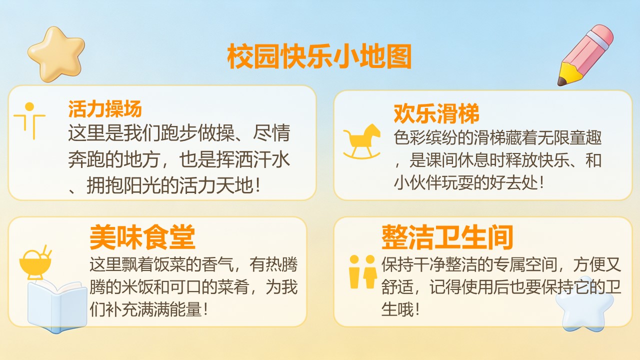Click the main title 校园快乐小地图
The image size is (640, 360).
tap(319, 56)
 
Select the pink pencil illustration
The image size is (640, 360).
tap(585, 55)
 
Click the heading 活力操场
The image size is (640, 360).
tap(105, 109)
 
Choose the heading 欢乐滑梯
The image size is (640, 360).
tap(436, 113)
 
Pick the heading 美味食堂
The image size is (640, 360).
tap(142, 237)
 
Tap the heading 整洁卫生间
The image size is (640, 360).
tap(447, 237)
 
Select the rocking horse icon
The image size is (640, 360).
tap(362, 141)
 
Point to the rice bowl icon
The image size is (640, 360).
tap(35, 262)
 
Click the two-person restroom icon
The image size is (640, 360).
tap(362, 271)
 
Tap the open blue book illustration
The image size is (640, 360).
tap(57, 305)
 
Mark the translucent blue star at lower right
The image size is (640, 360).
tap(584, 304)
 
